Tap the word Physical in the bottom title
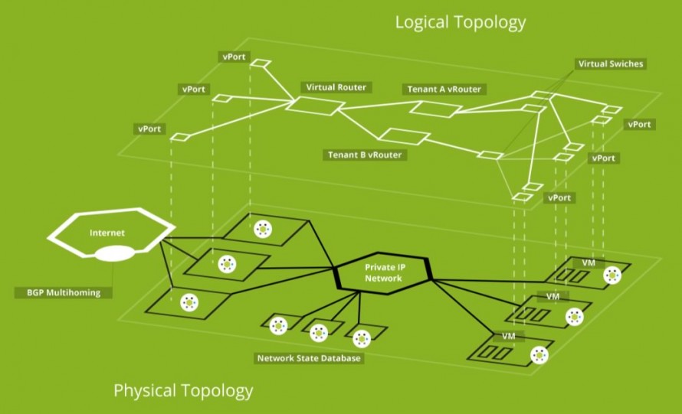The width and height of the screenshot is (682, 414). pos(146,390)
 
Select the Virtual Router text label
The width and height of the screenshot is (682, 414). pos(336,87)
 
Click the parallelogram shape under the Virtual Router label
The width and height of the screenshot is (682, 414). pos(316,106)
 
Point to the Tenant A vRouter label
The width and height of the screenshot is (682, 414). pos(444,89)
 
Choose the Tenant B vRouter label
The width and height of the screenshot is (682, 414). pos(365,155)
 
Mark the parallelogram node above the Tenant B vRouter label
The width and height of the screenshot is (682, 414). pos(404,136)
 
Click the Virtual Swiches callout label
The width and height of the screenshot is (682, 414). pos(611,64)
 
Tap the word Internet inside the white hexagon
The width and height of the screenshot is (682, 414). pos(107,233)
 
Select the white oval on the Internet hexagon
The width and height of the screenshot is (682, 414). pos(115,254)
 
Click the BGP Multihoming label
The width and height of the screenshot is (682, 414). pos(64,292)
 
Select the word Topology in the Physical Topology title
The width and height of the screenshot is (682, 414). pos(217,390)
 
